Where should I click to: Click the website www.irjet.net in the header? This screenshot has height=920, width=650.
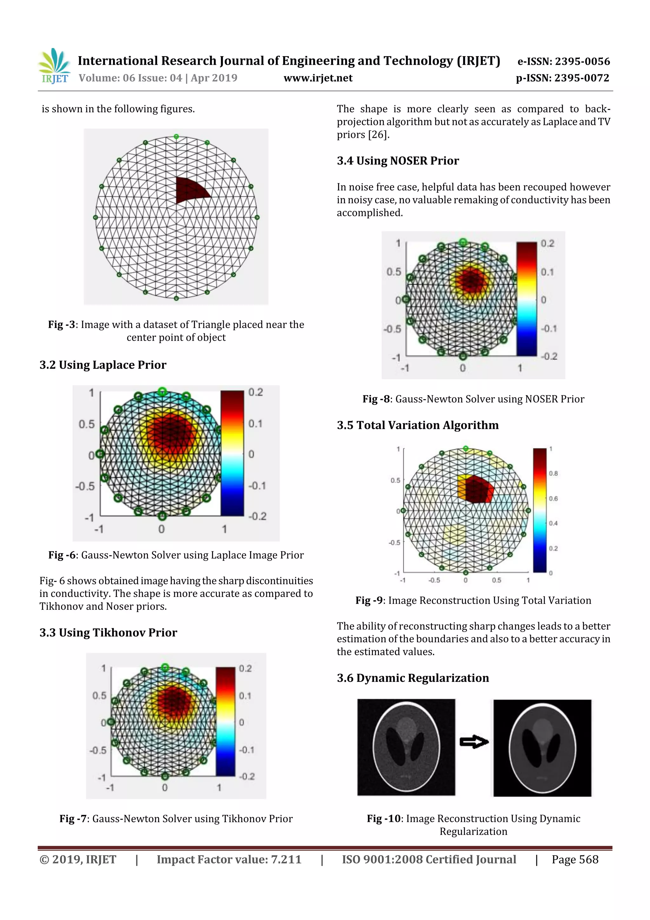pyautogui.click(x=318, y=78)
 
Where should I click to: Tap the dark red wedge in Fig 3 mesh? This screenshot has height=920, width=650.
pyautogui.click(x=190, y=190)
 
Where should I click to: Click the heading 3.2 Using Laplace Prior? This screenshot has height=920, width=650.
pyautogui.click(x=103, y=365)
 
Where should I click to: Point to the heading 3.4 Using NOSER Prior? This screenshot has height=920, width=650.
pyautogui.click(x=398, y=161)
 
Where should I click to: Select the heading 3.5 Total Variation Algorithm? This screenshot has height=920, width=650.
pyautogui.click(x=418, y=425)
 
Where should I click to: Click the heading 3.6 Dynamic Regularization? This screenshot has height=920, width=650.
pyautogui.click(x=413, y=678)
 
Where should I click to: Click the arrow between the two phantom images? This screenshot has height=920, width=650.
pyautogui.click(x=474, y=742)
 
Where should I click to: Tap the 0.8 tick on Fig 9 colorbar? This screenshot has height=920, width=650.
pyautogui.click(x=553, y=473)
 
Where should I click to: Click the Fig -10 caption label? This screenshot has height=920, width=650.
pyautogui.click(x=384, y=819)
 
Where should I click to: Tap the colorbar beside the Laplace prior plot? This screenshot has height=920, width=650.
pyautogui.click(x=232, y=453)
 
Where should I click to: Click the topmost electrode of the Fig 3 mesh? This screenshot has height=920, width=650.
pyautogui.click(x=176, y=137)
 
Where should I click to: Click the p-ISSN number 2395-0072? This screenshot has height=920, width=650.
pyautogui.click(x=582, y=78)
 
